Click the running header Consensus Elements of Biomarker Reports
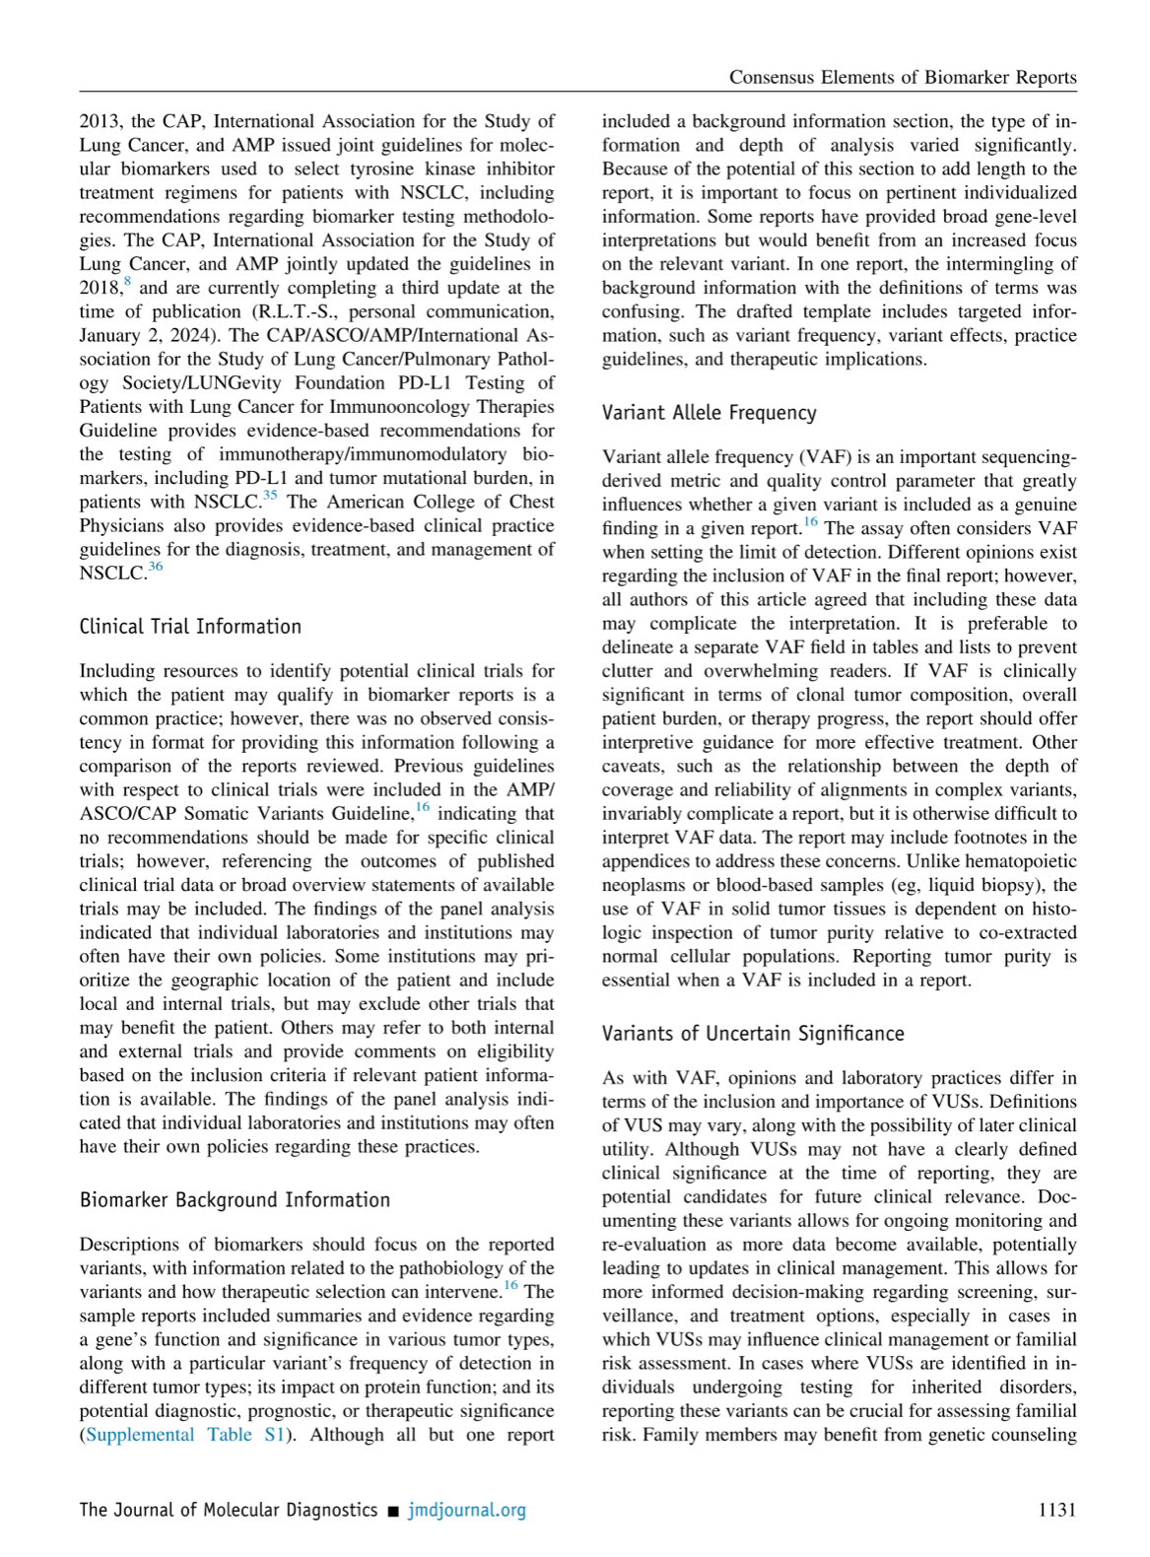pos(902,78)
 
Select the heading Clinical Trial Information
pos(190,627)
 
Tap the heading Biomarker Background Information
pos(235,1200)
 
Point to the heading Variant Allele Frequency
pos(709,413)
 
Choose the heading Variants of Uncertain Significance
pos(753,1034)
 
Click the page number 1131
pos(1056,1510)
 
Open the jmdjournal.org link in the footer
pos(467,1510)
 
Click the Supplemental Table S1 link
pos(185,1435)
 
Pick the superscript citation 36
pos(156,568)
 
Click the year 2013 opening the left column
pos(100,122)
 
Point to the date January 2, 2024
pos(147,336)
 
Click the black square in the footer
pos(393,1511)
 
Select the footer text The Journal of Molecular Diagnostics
pos(228,1510)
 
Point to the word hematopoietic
pos(1021,861)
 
